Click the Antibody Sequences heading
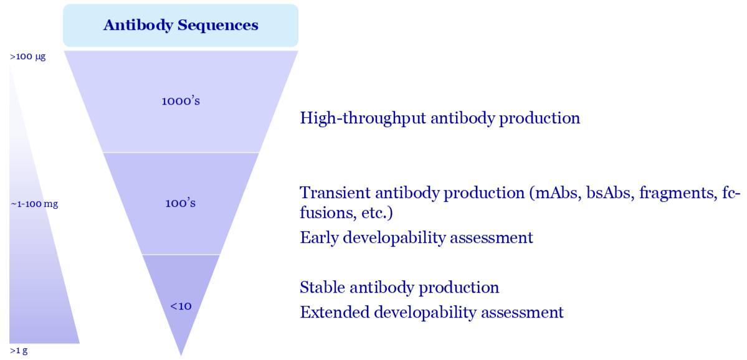click(181, 26)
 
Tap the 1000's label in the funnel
click(181, 101)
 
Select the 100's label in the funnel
click(181, 203)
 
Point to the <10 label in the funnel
click(181, 306)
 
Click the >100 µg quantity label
click(27, 57)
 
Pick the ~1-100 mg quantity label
click(34, 204)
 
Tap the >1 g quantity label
click(19, 351)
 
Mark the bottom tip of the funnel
click(181, 356)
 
